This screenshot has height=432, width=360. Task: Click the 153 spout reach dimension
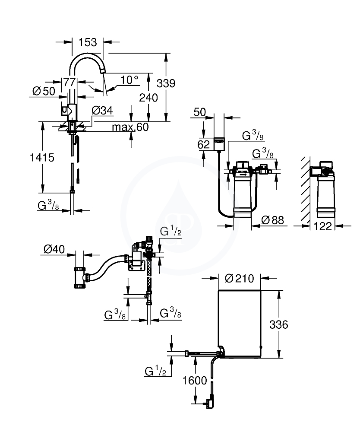(x=88, y=42)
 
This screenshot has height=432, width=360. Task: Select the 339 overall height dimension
(x=166, y=83)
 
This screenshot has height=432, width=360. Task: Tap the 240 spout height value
(x=148, y=98)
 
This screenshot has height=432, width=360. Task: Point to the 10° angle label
(x=129, y=80)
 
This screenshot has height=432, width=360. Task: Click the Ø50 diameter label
(x=44, y=91)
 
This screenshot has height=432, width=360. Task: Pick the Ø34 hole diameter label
(x=102, y=111)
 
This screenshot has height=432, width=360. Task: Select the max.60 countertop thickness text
(x=130, y=127)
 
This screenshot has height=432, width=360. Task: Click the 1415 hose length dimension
(x=42, y=158)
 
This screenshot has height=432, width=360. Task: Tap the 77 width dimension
(x=69, y=82)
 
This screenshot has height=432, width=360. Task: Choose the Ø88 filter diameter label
(x=272, y=220)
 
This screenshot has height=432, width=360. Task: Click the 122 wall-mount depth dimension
(x=322, y=226)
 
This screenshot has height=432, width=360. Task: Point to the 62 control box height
(x=204, y=144)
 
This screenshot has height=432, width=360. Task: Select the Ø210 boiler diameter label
(x=240, y=278)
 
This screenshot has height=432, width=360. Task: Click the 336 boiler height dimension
(x=279, y=324)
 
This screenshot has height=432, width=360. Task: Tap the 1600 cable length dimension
(x=195, y=381)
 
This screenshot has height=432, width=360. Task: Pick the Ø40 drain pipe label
(x=54, y=249)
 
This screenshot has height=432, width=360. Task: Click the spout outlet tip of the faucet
(x=103, y=71)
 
